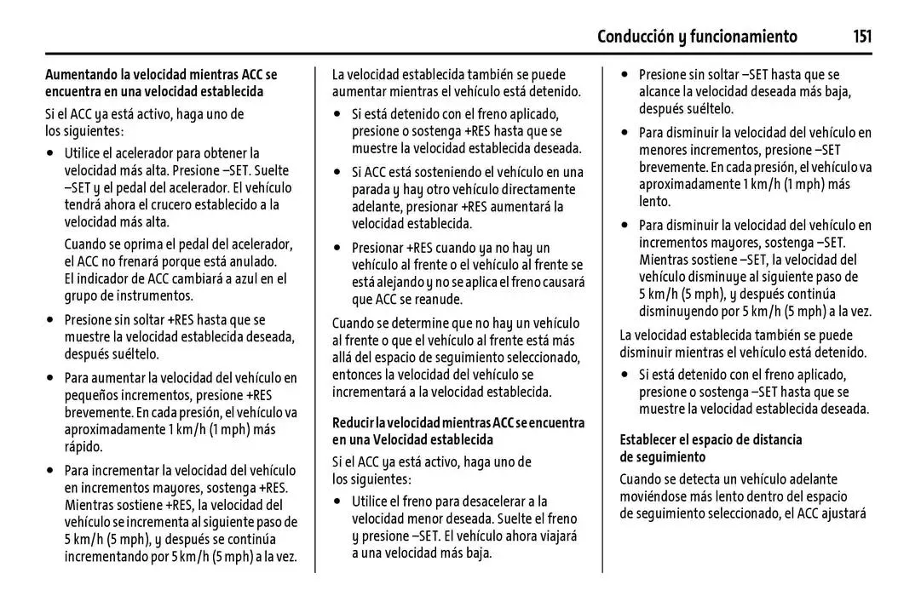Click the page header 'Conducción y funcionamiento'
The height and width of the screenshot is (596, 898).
(697, 37)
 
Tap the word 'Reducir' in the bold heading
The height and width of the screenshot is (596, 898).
(354, 423)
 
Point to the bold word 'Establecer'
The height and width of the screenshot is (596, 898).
(653, 439)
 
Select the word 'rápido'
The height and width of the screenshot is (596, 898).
(83, 446)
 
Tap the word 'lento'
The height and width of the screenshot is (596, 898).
(654, 202)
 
